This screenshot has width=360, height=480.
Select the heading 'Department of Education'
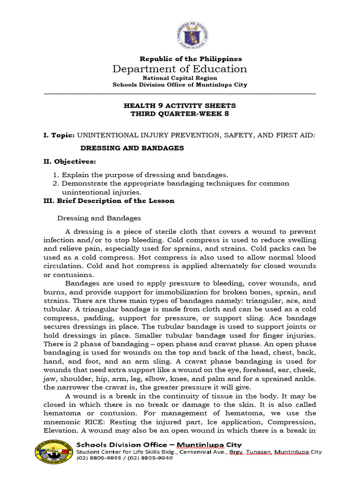point(180,69)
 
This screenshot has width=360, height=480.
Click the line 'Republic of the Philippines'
point(191,59)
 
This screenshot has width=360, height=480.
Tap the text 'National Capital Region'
point(180,78)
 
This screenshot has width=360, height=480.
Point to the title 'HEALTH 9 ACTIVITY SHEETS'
point(180,105)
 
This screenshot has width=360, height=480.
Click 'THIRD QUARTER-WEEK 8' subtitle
point(180,114)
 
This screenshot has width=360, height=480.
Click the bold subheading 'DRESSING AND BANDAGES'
point(132,148)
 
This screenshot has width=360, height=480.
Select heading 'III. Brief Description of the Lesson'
point(109,201)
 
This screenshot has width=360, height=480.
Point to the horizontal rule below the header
point(180,93)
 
